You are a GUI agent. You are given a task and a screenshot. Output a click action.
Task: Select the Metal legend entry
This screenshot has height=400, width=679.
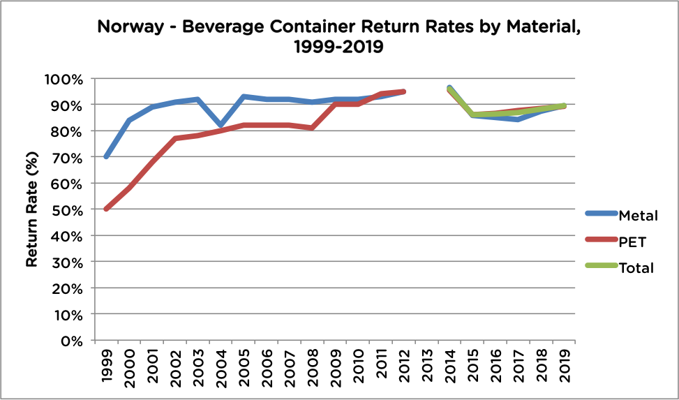638,216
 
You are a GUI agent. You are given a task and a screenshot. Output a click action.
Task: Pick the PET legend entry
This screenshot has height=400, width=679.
632,242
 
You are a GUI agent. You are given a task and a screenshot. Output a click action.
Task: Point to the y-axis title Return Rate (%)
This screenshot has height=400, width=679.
31,209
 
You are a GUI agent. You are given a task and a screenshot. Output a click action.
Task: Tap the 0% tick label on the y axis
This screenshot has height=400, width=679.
73,341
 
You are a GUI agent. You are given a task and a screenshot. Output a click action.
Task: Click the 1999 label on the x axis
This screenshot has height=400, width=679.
106,364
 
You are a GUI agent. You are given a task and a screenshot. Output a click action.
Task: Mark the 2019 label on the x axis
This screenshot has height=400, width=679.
565,364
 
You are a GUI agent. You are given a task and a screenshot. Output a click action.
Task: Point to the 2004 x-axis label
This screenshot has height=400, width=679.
221,364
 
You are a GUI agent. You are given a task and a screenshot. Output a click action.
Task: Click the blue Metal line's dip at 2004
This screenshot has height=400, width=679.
221,126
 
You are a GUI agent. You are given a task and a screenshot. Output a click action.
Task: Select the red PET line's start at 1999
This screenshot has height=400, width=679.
106,209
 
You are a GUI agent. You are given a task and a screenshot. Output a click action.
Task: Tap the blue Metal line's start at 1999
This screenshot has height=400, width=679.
106,157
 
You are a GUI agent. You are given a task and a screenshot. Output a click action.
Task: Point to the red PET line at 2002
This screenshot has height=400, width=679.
175,139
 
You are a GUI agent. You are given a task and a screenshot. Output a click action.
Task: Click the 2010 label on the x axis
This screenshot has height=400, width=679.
358,364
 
